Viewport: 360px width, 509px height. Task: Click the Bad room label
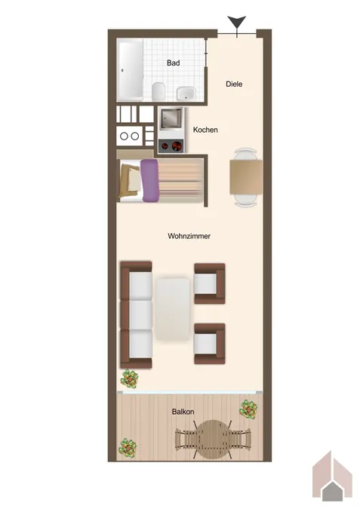coord(173,64)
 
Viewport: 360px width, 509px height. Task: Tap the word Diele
coord(234,84)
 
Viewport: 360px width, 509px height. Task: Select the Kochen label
coord(205,130)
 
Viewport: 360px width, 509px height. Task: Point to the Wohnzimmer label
coord(189,236)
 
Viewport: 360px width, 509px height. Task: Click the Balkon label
coord(183,412)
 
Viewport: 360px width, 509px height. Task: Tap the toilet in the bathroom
coord(158,92)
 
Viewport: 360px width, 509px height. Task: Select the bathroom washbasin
coord(185,94)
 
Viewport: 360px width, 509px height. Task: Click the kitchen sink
coord(171,118)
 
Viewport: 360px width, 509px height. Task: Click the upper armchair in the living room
coord(209,283)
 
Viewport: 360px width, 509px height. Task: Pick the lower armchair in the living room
coord(209,343)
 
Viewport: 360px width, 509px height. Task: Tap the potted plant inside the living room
coord(130,378)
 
